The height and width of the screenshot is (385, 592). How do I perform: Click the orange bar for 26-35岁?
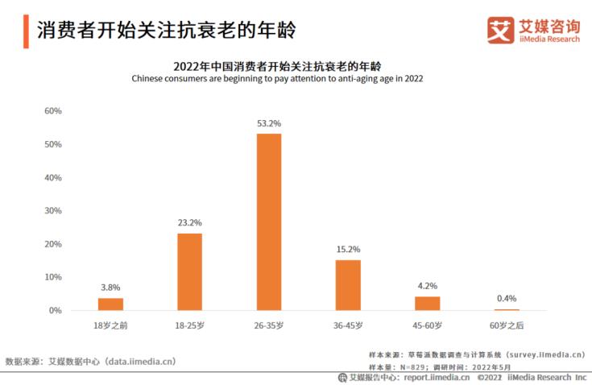(x=269, y=221)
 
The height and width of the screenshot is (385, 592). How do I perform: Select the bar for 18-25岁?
(x=190, y=271)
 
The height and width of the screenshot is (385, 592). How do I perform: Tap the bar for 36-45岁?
(x=348, y=284)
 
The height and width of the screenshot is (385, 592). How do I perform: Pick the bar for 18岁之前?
(x=110, y=304)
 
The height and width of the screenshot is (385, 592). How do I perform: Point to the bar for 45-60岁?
(x=428, y=303)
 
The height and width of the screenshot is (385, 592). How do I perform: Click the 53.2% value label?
(x=269, y=123)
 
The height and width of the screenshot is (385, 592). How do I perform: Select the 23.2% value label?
(x=190, y=223)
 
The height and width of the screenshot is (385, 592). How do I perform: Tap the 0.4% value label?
(x=507, y=299)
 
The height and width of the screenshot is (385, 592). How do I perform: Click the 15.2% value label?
(x=348, y=250)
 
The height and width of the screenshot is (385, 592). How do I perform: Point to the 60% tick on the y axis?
(x=53, y=111)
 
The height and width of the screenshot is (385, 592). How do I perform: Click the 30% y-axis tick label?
(x=53, y=211)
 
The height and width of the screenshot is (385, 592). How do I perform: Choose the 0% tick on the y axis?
(x=56, y=310)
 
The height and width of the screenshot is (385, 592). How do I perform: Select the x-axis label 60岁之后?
(x=507, y=325)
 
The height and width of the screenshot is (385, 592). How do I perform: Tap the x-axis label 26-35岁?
(x=269, y=325)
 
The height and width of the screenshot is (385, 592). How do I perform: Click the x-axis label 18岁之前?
(x=110, y=325)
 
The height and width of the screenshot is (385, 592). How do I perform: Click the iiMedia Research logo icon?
(x=500, y=31)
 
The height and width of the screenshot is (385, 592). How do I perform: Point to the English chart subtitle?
(x=277, y=79)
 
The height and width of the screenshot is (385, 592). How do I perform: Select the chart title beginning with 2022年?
(x=277, y=65)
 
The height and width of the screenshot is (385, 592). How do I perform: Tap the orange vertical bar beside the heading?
(x=26, y=31)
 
